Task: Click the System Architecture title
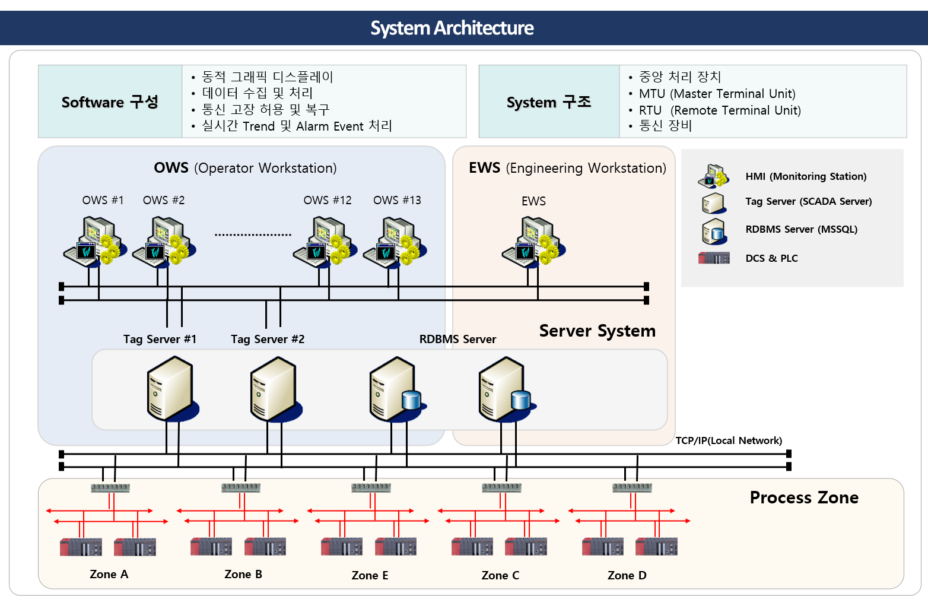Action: point(452,28)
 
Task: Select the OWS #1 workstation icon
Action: point(92,241)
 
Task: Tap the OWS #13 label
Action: point(397,200)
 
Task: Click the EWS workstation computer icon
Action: point(532,241)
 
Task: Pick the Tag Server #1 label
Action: point(160,339)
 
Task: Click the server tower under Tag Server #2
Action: point(274,389)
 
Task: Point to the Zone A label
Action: point(109,574)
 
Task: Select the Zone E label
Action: point(370,575)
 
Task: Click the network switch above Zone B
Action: point(240,487)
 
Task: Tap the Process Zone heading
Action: point(804,497)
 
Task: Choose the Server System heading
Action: point(597,331)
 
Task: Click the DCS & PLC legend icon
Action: point(714,258)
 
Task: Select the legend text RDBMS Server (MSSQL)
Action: point(801,229)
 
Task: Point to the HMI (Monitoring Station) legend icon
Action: point(713,176)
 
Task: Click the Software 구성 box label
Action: point(110,102)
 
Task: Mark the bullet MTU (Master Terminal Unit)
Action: point(717,94)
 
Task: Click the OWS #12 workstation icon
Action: point(323,241)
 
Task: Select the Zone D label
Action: point(627,575)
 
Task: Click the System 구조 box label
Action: point(549,102)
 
